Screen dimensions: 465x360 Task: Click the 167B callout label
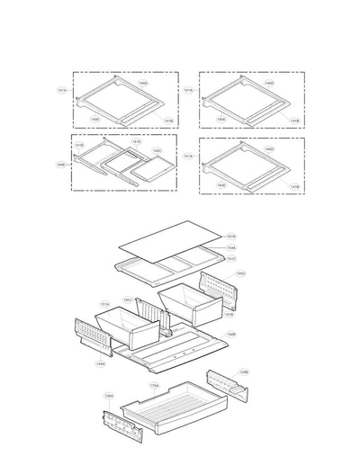point(231,237)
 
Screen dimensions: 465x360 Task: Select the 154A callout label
point(231,247)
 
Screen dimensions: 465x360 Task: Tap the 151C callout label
point(231,259)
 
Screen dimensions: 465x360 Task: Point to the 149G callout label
point(240,273)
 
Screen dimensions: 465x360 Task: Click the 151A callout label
point(104,304)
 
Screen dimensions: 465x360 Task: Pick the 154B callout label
point(231,334)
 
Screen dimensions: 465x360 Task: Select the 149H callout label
point(101,364)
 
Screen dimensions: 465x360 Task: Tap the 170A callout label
point(154,386)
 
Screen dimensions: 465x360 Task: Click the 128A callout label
point(109,395)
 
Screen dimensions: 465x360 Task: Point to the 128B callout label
point(244,371)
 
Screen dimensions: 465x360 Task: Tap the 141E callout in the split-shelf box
point(137,142)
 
